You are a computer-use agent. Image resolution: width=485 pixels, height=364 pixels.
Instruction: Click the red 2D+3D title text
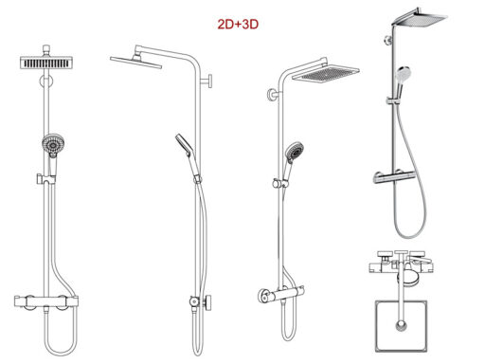tap(238, 24)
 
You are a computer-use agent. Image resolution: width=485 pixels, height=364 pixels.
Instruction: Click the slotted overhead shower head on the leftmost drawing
tap(46, 63)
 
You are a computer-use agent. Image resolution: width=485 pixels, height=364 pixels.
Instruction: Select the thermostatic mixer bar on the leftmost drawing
tap(46, 301)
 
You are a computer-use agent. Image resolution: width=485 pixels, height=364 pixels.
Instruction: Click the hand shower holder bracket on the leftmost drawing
tap(46, 179)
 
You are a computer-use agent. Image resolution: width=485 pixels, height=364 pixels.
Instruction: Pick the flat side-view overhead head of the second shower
tap(135, 62)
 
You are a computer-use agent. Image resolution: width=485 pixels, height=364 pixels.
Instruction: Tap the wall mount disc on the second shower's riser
tap(209, 81)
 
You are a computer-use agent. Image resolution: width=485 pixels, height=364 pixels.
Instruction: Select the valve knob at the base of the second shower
tap(208, 301)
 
